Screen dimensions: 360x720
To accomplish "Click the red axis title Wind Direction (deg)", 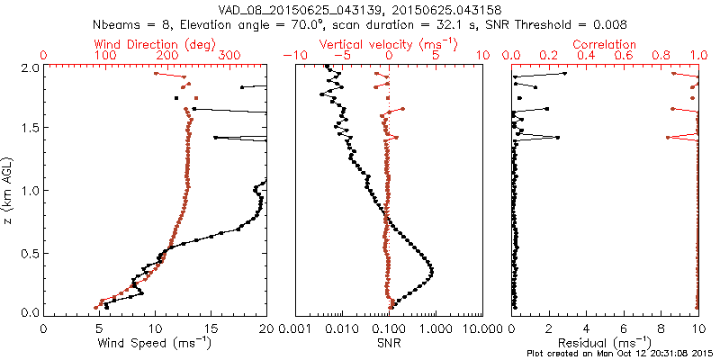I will pos(155,44).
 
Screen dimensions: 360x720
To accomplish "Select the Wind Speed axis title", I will pos(155,343).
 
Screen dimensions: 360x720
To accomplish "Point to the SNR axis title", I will pos(389,343).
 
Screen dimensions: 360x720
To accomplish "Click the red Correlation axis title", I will pos(606,44).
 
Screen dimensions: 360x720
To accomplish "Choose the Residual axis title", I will pos(606,343).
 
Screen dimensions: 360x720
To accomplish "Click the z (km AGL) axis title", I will pos(10,189).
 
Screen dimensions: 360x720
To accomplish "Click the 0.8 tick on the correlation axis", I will pos(661,56).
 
